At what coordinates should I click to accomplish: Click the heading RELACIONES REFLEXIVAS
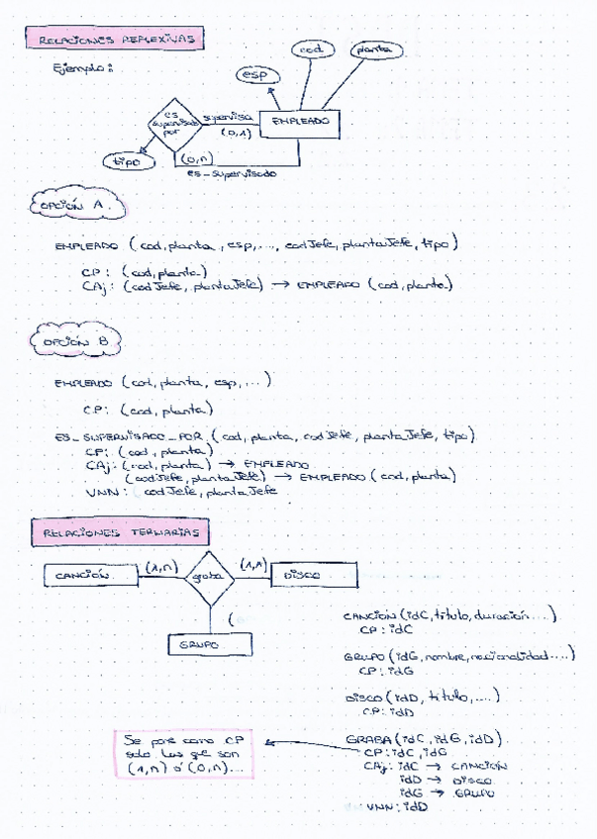tap(117, 39)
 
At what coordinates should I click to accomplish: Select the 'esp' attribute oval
tap(259, 74)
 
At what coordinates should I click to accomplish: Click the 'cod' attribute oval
tap(313, 49)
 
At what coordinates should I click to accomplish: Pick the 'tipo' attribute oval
tap(126, 160)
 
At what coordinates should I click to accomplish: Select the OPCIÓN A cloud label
tap(76, 204)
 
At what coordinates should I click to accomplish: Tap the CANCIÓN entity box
tap(89, 574)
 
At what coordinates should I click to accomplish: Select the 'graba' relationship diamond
tap(208, 575)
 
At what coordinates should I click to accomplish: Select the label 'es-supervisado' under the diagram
tap(231, 174)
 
